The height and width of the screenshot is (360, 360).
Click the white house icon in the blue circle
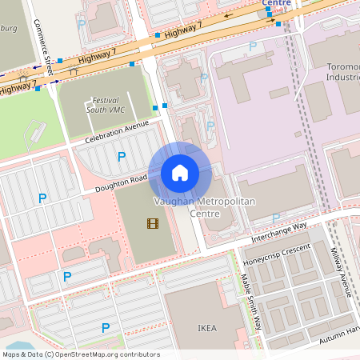coord(180,173)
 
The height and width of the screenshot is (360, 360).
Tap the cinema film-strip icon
coord(153,223)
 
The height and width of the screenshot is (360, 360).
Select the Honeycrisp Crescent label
coord(276,254)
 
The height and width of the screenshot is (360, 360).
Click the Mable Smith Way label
coord(251,302)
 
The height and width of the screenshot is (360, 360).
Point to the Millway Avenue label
coord(342,271)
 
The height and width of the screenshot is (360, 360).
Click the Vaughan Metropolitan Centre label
coord(204,208)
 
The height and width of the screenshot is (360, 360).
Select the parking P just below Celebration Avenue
coord(122,157)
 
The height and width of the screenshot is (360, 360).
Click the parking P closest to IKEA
coord(106,327)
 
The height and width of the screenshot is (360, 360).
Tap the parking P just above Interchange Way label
coord(276,217)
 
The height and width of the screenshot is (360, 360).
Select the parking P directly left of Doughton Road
coord(41,197)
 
